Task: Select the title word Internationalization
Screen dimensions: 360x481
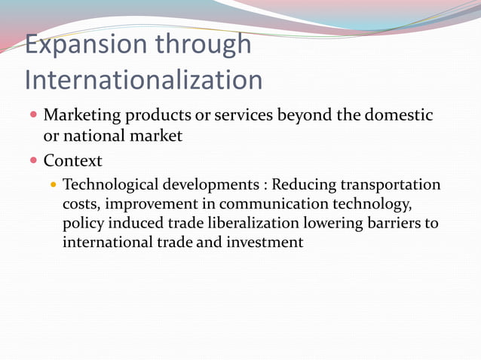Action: [x=143, y=80]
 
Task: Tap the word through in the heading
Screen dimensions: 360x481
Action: [x=204, y=44]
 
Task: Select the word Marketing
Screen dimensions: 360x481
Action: [x=83, y=117]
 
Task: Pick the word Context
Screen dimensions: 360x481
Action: [x=72, y=160]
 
